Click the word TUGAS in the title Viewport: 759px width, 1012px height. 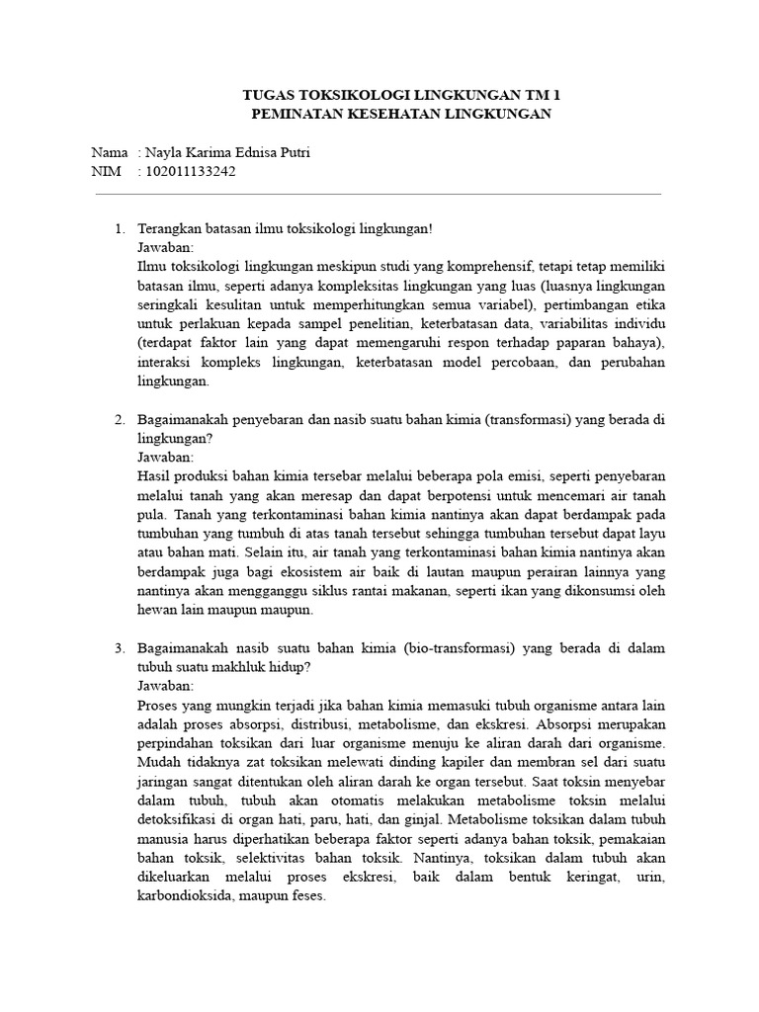269,96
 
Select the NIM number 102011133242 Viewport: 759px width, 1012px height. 191,172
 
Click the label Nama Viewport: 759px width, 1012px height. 109,153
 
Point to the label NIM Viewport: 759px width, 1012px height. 106,172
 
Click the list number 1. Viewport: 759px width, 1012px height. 120,229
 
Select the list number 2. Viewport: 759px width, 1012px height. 120,419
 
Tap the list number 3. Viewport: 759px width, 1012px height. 120,647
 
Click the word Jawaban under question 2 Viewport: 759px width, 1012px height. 166,458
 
